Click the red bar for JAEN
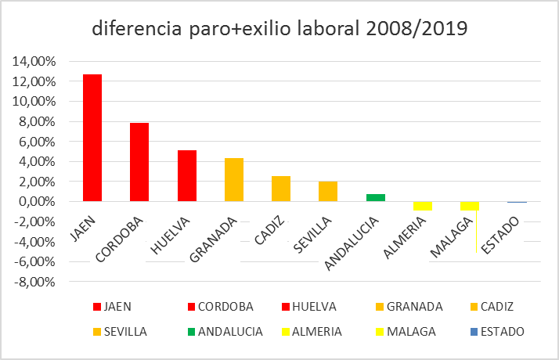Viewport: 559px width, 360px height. pos(92,138)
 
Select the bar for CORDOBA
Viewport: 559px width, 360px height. pos(139,162)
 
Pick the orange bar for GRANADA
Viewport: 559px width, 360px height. pos(233,180)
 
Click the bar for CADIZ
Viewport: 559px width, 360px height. pos(281,189)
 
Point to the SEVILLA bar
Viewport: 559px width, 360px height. pos(328,192)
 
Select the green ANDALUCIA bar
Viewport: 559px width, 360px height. pos(375,198)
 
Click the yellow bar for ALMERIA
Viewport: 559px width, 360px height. pos(422,206)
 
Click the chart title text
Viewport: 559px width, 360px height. pos(279,29)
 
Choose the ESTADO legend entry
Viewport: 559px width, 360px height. pos(493,331)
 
